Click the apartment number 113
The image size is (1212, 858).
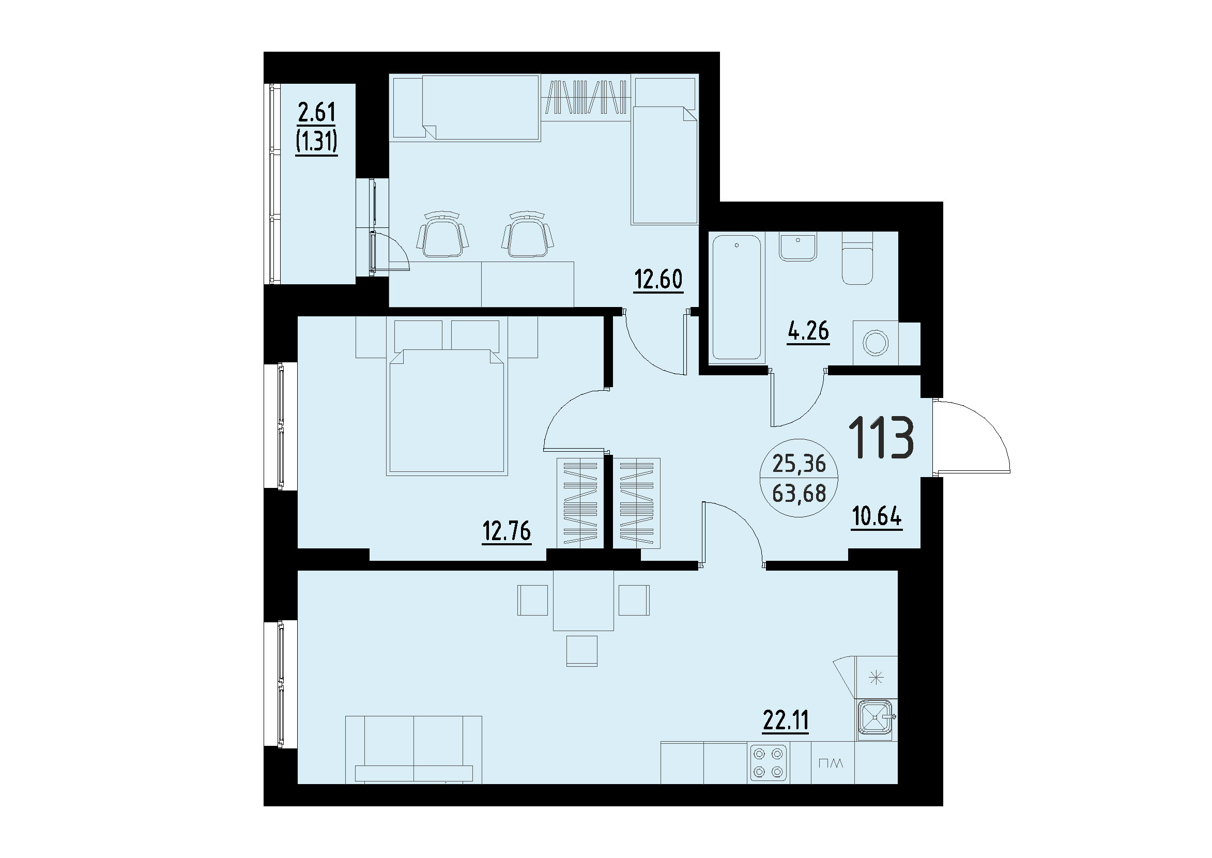coord(881,437)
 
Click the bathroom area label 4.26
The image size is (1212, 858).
coord(808,331)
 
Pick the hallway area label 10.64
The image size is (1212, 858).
coord(877,516)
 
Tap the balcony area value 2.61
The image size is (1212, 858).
coord(317,113)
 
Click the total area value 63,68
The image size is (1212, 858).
coord(799,494)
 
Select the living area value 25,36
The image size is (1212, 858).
coord(799,464)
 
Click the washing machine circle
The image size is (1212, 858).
coord(876,343)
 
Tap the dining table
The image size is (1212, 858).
coord(584,600)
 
